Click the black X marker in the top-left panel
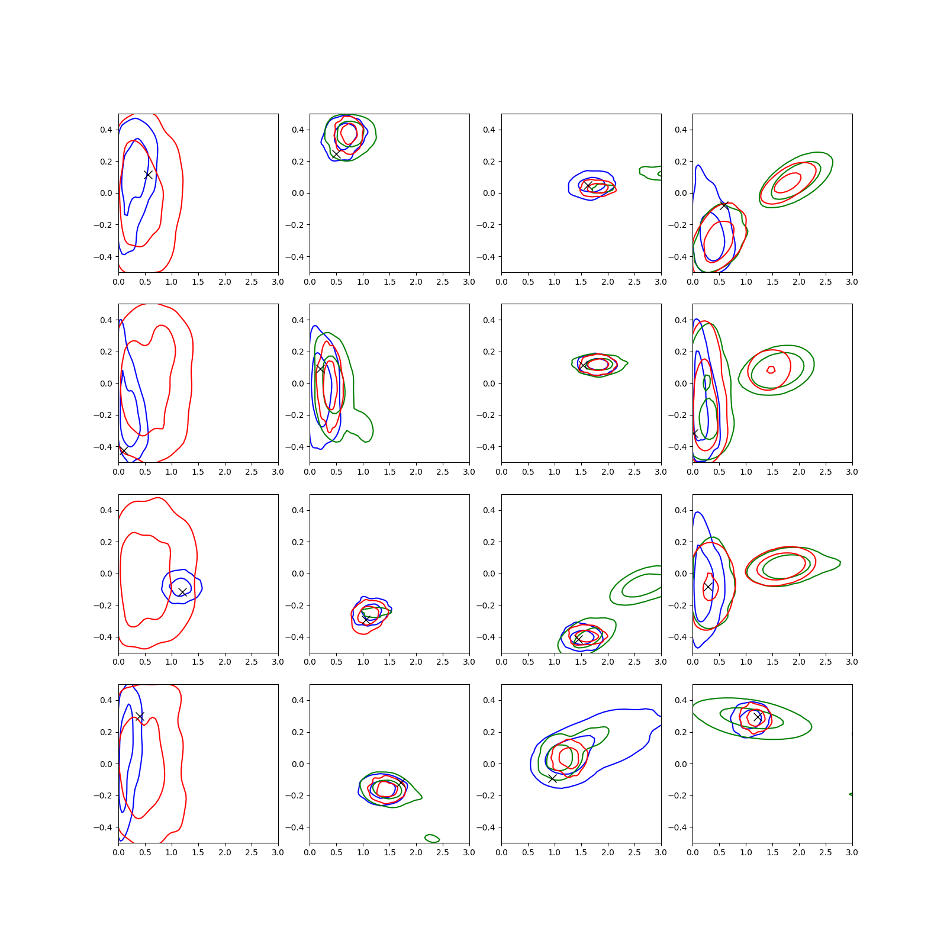tap(149, 175)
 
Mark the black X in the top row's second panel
tap(336, 154)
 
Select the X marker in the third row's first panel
tap(182, 592)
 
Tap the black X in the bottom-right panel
tap(758, 717)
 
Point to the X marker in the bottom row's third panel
tap(552, 778)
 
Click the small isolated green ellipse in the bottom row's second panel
tap(432, 838)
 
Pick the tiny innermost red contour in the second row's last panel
tap(771, 370)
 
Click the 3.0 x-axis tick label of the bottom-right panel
tap(852, 852)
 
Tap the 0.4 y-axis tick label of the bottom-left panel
tap(106, 700)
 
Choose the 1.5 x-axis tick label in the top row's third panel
tap(581, 282)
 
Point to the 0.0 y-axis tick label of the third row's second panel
tap(297, 574)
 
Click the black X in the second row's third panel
tap(584, 365)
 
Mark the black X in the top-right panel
tap(724, 205)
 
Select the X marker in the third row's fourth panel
tap(708, 587)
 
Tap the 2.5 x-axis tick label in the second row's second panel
tap(443, 472)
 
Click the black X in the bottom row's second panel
tap(401, 783)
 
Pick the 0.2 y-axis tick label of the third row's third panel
tap(489, 542)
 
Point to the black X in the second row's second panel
tap(320, 368)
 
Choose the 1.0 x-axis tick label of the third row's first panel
tap(172, 662)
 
